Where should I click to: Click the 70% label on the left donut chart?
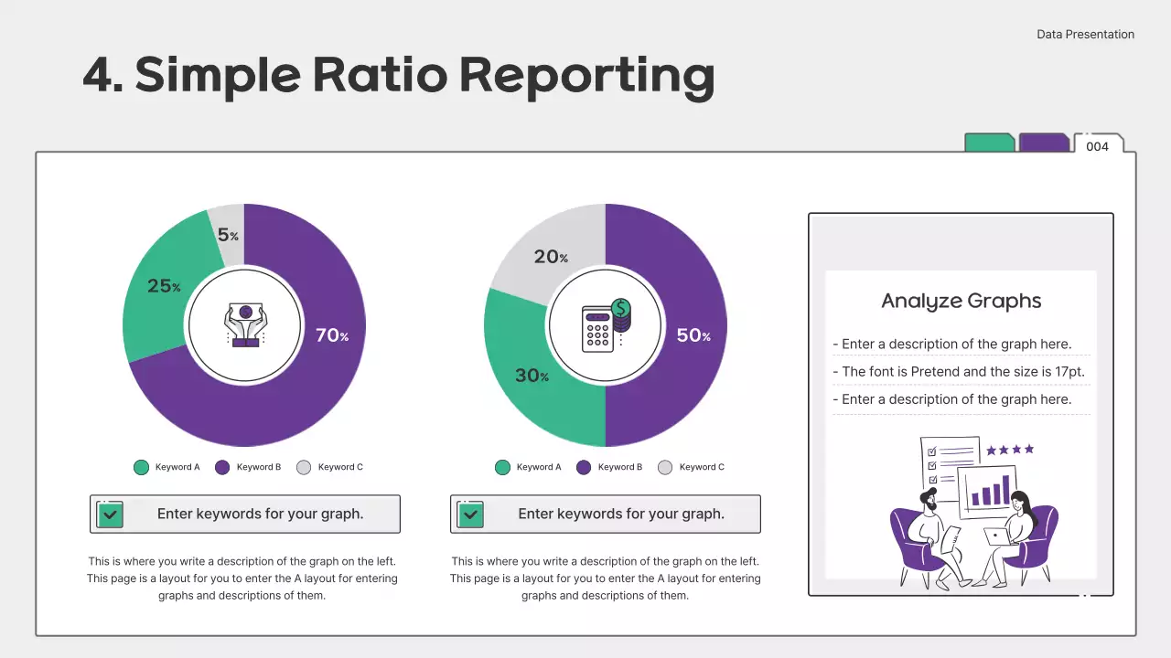[x=331, y=335]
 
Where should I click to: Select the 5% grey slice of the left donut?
[x=228, y=234]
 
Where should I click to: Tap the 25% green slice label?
[x=164, y=286]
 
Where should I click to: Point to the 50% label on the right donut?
[x=693, y=335]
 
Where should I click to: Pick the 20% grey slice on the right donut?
[x=551, y=257]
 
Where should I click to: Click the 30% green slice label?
[x=531, y=375]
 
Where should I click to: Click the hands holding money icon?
[x=244, y=324]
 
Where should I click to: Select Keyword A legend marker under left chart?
[x=141, y=467]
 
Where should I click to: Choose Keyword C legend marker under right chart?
[x=665, y=467]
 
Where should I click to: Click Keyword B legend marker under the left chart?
[x=222, y=467]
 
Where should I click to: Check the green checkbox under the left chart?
[x=110, y=515]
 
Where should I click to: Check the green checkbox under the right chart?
[x=470, y=515]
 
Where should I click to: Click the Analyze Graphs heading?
[x=961, y=301]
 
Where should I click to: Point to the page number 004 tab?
[x=1097, y=146]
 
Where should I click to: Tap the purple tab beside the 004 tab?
[x=1044, y=143]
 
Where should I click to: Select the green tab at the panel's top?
[x=990, y=143]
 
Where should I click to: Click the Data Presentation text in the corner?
[x=1085, y=35]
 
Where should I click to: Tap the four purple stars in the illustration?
[x=1010, y=450]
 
